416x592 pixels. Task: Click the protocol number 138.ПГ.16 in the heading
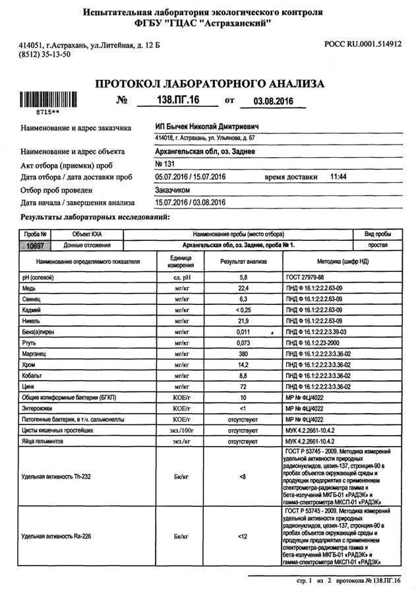167,100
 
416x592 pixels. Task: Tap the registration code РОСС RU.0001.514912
363,44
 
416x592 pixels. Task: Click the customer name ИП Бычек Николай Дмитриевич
206,126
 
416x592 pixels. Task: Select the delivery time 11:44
338,177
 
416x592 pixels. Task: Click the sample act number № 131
163,164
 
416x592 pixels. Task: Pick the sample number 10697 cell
34,246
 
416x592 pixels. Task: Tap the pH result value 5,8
243,278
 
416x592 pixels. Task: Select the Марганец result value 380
243,353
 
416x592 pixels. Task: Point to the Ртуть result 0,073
243,343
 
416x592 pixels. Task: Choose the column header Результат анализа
243,261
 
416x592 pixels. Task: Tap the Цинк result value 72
243,385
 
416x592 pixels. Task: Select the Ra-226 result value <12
243,536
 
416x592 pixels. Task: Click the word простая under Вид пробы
378,246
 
